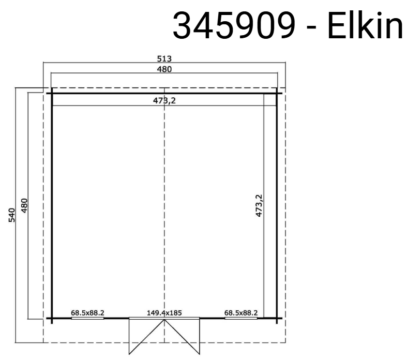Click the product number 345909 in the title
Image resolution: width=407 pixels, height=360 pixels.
point(234,25)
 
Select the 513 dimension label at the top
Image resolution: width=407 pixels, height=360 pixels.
point(164,59)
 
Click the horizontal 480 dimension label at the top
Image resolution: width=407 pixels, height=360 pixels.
point(164,69)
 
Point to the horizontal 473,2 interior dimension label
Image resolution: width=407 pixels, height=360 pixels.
point(164,100)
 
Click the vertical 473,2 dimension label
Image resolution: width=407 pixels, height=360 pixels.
point(259,205)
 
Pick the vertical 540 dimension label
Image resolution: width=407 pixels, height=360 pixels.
point(12,215)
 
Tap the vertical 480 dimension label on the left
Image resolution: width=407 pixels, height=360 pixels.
point(24,205)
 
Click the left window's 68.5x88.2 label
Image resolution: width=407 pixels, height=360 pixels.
point(88,313)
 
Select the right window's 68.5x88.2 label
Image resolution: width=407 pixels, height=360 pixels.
point(241,313)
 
